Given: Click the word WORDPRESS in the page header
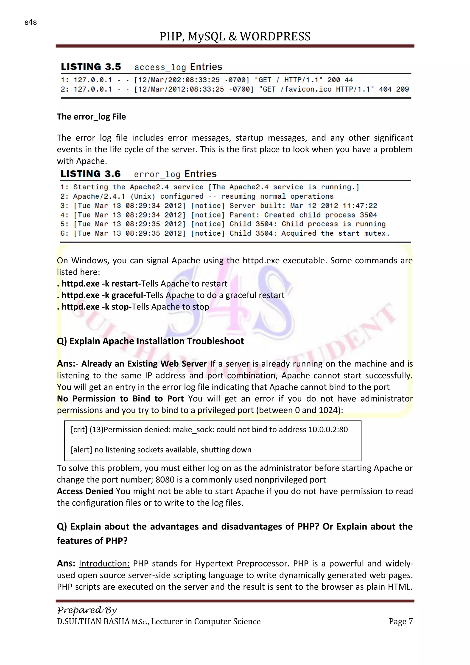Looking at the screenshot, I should [x=275, y=37].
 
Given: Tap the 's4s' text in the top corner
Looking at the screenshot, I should [x=31, y=22].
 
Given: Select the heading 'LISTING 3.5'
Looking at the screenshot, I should [x=91, y=67].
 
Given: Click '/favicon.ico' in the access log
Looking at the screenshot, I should [x=306, y=89].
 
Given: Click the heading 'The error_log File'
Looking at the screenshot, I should [x=91, y=117].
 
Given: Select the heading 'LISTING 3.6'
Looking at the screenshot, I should [x=90, y=174].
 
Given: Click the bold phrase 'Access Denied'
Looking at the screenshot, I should [x=85, y=491].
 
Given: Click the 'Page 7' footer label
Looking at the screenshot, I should [x=400, y=621].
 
